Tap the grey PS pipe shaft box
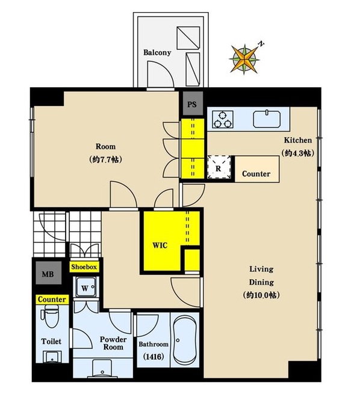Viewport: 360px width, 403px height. tap(193, 103)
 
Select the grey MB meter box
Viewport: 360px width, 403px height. tap(48, 273)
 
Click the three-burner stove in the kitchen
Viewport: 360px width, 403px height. tap(223, 119)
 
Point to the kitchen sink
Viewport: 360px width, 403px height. tap(267, 119)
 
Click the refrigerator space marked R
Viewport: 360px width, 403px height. tap(219, 167)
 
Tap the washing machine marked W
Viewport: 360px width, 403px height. tap(85, 288)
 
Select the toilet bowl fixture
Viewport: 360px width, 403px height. tap(51, 316)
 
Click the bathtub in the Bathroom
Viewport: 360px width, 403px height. tap(185, 340)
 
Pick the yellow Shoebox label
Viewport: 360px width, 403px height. tap(84, 267)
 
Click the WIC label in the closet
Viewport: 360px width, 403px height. tap(160, 245)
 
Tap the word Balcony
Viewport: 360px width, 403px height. tap(157, 52)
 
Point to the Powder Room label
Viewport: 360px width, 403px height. tap(113, 343)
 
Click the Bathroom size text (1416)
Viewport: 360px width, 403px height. tap(154, 357)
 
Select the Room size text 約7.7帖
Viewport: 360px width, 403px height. tap(105, 159)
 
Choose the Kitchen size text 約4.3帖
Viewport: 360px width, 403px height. tap(298, 153)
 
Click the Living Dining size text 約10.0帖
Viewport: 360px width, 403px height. tap(261, 295)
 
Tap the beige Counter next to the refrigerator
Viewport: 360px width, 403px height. tap(257, 169)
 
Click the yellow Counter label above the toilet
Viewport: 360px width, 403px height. tap(52, 300)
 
